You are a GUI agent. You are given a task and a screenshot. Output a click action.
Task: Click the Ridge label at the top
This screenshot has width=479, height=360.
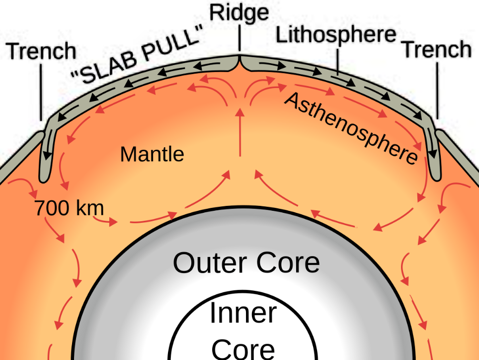click(239, 12)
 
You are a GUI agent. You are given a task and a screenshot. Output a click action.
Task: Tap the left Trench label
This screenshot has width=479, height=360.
click(42, 51)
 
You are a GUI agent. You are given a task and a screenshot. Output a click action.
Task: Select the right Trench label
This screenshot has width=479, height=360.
click(436, 50)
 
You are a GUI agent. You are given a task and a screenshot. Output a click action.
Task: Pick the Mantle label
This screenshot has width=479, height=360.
click(152, 154)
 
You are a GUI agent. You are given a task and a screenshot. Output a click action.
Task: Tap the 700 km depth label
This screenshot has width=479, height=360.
click(69, 208)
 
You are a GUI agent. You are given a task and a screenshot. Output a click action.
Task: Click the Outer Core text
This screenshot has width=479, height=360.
click(246, 263)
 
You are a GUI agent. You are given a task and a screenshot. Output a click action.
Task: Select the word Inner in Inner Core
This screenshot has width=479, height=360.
click(243, 313)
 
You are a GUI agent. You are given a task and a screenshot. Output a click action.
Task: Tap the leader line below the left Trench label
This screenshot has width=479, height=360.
click(42, 90)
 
